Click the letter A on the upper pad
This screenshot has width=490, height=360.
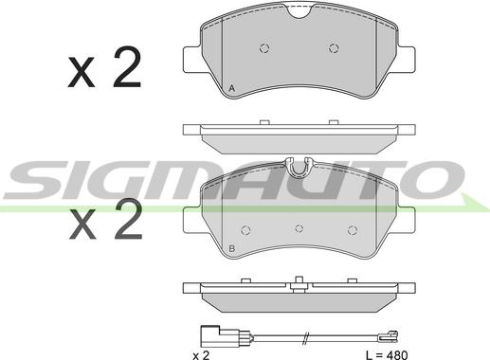coord(232,88)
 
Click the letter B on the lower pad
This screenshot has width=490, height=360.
coord(232,248)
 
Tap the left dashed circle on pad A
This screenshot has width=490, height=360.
coord(264,48)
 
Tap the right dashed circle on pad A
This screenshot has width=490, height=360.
coord(334,48)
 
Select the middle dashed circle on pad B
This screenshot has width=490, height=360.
coord(299,228)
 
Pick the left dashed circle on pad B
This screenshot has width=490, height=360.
coord(245,230)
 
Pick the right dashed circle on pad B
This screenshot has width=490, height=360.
coord(353,230)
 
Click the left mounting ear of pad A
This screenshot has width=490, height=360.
coord(191,60)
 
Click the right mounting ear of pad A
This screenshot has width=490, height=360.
coord(407,60)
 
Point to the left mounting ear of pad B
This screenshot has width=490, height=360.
coord(191,220)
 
